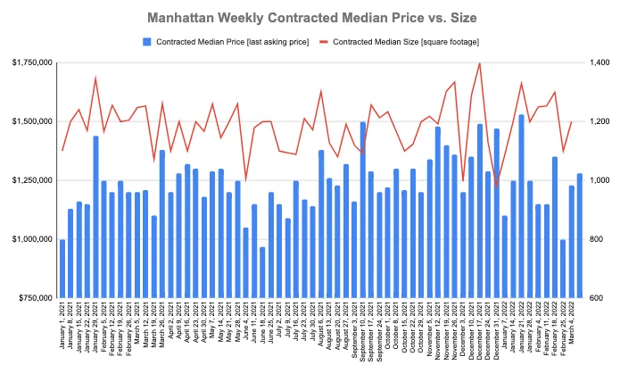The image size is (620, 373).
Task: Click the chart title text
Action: (310, 17)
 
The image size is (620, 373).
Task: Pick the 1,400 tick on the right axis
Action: (598, 62)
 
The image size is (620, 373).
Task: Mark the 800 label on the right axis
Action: (595, 239)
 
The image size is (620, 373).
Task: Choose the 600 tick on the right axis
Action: (595, 298)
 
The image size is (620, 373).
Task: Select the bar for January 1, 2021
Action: (62, 269)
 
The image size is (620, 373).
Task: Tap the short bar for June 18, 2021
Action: (262, 272)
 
